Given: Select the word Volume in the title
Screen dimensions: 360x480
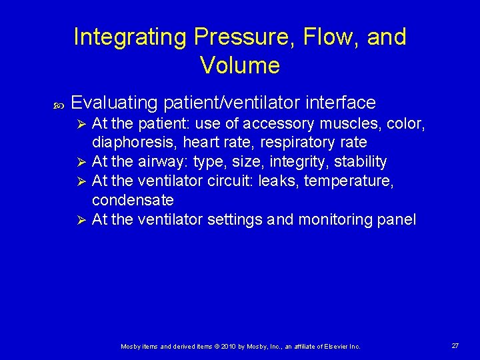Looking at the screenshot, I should (239, 65).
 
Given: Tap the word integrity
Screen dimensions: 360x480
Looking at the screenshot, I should (304, 162).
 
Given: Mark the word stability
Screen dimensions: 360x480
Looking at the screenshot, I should (361, 162).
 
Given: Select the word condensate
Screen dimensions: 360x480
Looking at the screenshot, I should (133, 200).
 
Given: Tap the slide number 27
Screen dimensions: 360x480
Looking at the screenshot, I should (455, 346).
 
